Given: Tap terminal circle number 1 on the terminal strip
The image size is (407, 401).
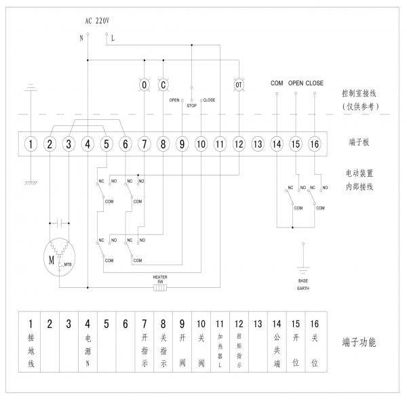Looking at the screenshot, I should coord(31,144).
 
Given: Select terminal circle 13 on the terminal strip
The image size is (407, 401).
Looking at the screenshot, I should coord(257,144).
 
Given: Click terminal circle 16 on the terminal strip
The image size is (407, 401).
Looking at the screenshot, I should coord(314,144).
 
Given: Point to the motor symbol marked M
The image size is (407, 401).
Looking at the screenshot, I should coord(52,257).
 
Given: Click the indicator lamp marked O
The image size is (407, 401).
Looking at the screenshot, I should coord(144,84).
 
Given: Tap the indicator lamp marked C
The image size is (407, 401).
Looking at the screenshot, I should coord(163,84).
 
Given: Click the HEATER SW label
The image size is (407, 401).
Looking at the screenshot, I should coord(160,279).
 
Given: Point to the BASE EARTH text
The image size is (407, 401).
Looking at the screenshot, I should coord(303,283).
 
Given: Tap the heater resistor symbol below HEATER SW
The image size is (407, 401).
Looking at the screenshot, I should coord(160,288).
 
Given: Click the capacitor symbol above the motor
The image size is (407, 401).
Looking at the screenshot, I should coord(58,222).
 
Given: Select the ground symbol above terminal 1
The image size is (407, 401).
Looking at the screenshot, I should coord(31,88).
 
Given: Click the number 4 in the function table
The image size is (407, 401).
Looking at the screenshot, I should coord(88,323).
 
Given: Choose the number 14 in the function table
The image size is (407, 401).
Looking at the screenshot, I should coord(276,323).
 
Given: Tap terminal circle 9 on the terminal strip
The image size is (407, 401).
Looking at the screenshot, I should coord(182,144).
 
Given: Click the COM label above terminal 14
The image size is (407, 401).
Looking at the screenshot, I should coord(276,83).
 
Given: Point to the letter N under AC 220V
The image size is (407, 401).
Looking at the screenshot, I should coord(81,38).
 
